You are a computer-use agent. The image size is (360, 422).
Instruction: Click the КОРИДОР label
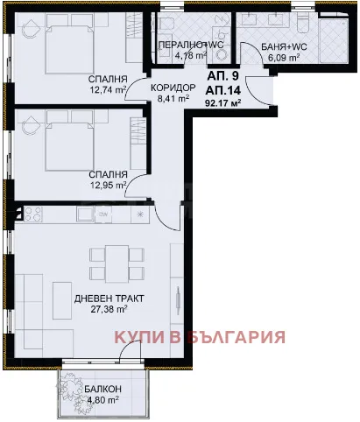pos(173,88)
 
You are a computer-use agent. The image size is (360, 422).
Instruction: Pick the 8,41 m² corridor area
pos(173,99)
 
